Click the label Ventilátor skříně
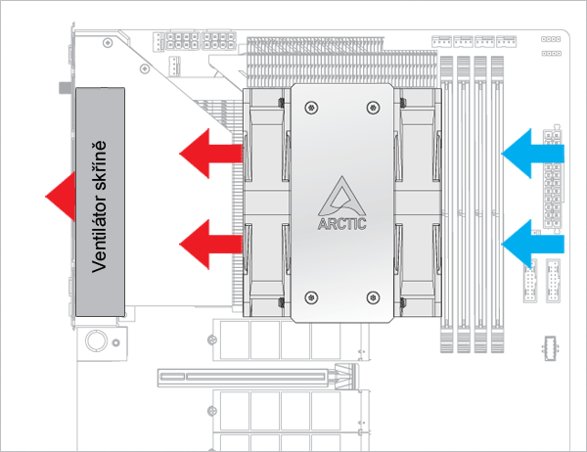tap(98, 201)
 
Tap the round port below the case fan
tap(97, 340)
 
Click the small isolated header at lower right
tap(548, 348)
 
